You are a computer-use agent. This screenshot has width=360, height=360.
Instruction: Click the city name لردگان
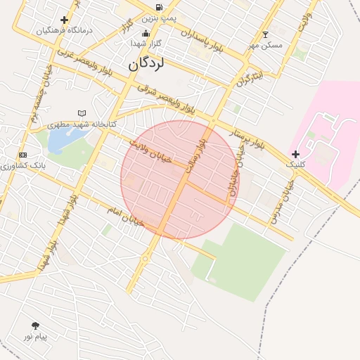[146, 64]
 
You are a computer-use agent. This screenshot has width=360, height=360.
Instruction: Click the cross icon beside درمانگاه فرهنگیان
[65, 20]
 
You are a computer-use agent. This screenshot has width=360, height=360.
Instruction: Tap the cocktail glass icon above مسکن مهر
[265, 34]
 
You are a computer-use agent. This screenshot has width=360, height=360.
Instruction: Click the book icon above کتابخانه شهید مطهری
[82, 113]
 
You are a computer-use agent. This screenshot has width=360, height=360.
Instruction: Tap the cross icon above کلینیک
[295, 154]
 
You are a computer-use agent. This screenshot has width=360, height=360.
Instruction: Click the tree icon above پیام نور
[35, 326]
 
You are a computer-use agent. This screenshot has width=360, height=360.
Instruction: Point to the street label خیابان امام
[125, 215]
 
